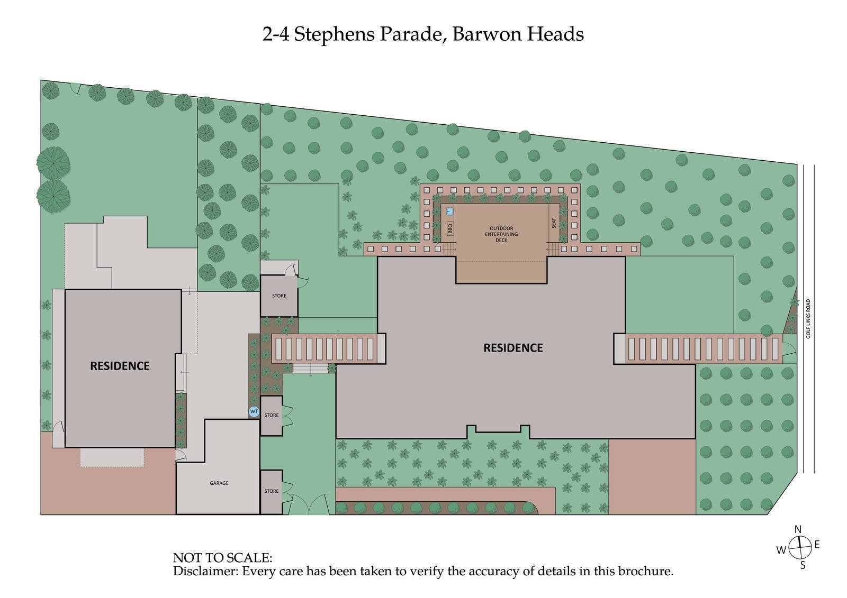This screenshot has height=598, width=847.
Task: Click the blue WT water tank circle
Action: click(x=254, y=411)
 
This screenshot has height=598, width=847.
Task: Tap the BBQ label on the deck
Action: click(x=450, y=228)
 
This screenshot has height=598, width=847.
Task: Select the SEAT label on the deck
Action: click(x=554, y=223)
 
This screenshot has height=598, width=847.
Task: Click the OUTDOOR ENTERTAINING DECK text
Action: click(x=501, y=234)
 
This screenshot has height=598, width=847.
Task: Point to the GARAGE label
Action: click(x=219, y=483)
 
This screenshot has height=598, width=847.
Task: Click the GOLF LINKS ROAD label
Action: click(x=808, y=319)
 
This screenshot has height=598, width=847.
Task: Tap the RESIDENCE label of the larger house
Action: click(x=513, y=348)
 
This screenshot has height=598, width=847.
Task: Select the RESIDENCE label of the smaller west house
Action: click(x=120, y=366)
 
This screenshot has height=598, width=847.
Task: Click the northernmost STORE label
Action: click(x=279, y=296)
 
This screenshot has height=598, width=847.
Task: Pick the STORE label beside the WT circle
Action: click(x=272, y=415)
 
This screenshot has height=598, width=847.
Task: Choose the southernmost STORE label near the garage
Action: click(x=272, y=491)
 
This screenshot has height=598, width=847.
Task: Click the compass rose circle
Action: click(x=800, y=547)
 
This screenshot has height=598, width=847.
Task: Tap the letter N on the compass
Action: click(x=798, y=529)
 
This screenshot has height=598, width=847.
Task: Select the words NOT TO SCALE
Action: click(x=222, y=558)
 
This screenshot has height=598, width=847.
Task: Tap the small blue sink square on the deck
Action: click(x=449, y=211)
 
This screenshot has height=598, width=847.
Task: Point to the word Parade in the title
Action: click(x=411, y=34)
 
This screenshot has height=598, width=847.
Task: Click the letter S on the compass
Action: click(x=803, y=565)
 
